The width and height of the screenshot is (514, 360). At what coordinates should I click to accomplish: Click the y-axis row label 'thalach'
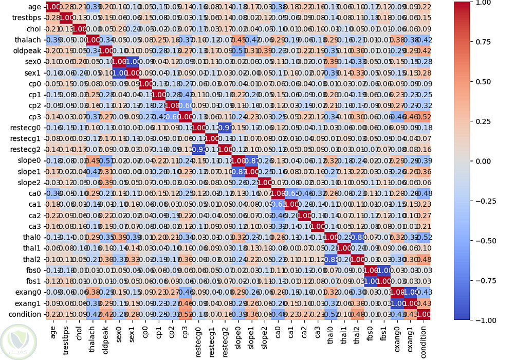[x=28, y=40]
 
